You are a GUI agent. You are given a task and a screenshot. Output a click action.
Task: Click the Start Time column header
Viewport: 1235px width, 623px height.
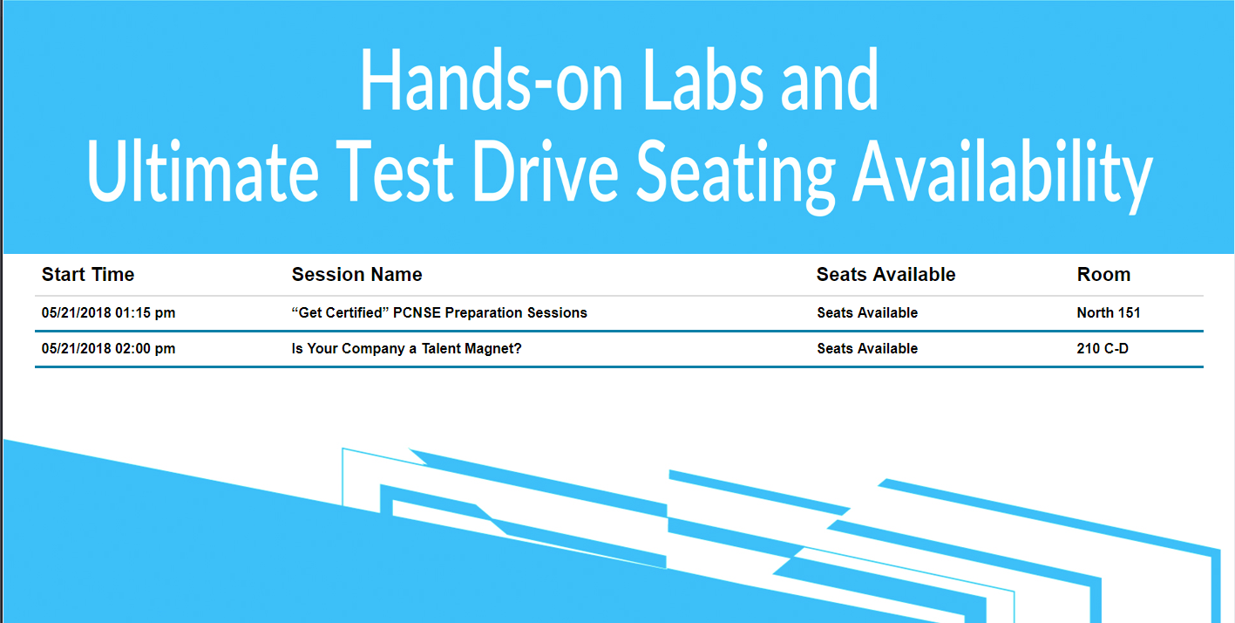[88, 274]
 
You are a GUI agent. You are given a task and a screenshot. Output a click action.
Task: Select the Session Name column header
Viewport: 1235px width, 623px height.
[356, 274]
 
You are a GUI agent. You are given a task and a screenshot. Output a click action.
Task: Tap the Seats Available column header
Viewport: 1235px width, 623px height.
[886, 274]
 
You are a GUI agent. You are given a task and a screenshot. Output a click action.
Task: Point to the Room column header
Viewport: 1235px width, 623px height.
[1103, 274]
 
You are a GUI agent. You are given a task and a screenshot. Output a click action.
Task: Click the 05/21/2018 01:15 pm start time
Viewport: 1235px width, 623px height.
[109, 313]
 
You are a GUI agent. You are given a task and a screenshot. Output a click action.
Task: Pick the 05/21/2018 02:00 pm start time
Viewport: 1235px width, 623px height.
[109, 349]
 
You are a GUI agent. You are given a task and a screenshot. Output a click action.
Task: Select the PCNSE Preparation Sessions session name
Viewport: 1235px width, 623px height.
[439, 313]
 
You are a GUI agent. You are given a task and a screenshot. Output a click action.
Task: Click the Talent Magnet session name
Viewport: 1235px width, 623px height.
[406, 349]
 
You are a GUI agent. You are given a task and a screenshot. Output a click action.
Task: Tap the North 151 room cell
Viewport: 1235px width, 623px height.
[1109, 313]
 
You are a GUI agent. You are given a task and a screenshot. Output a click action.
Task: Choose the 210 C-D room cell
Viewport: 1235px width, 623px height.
[1103, 349]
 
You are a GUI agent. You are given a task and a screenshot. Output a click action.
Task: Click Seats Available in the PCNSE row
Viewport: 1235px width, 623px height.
[867, 313]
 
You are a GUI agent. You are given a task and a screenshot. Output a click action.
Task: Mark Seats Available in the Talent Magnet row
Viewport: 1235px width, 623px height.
[867, 349]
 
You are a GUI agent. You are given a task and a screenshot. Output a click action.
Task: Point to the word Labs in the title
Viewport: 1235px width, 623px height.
[703, 80]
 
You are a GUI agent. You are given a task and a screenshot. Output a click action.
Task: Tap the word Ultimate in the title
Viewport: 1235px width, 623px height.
[202, 171]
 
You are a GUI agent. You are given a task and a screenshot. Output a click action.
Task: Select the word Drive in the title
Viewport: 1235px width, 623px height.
[545, 171]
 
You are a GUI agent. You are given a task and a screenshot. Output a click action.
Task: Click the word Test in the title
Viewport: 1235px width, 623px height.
[395, 171]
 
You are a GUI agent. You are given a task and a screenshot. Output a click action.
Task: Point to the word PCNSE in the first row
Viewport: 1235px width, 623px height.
[417, 313]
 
